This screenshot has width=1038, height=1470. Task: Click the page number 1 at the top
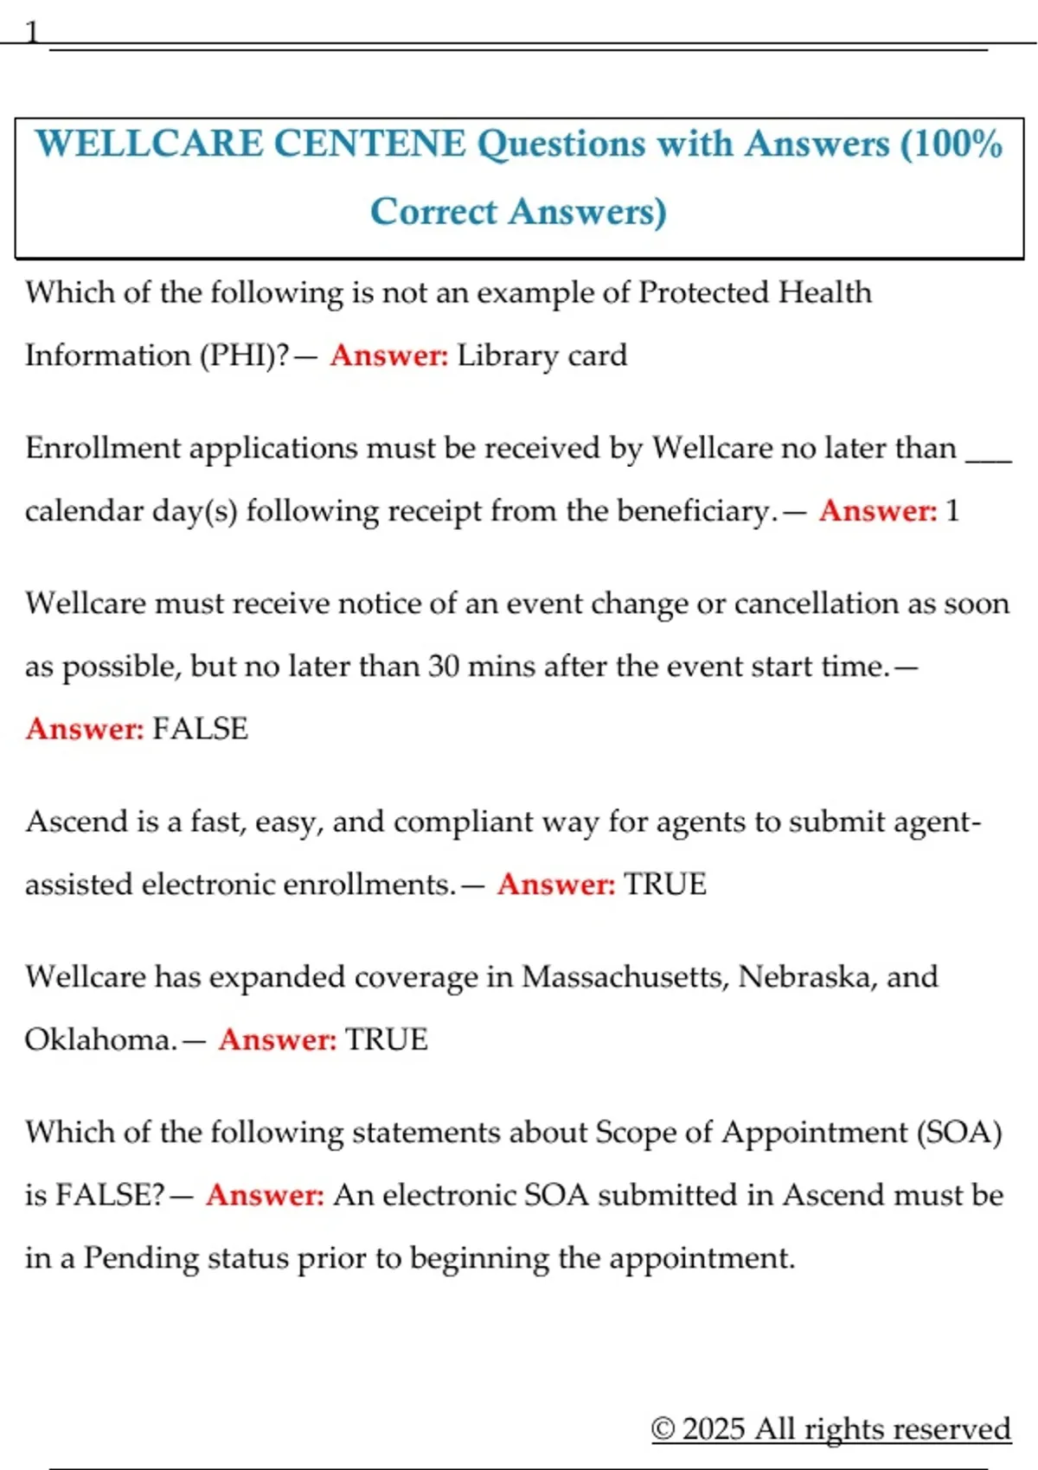pos(32,33)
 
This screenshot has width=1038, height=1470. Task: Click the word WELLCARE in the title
pos(149,144)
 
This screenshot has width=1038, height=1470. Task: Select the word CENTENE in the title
pos(369,144)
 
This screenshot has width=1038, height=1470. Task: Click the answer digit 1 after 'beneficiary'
pos(952,510)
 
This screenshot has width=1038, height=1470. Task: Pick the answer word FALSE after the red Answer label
pos(200,729)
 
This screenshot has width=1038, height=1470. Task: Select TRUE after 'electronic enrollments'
pos(665,884)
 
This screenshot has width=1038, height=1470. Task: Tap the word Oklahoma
pos(99,1039)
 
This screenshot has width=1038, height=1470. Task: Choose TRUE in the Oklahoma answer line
pos(387,1039)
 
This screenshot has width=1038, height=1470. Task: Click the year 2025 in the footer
pos(713,1428)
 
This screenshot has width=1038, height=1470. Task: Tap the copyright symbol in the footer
pos(663,1428)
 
